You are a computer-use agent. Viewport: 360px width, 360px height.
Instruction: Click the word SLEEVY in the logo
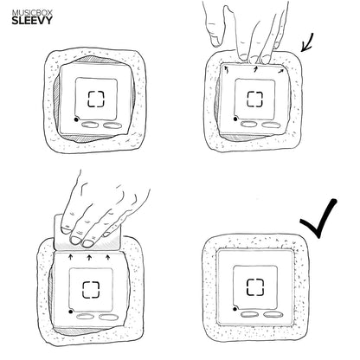[x=32, y=21]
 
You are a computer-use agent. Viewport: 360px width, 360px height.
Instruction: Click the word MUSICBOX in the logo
[x=32, y=13]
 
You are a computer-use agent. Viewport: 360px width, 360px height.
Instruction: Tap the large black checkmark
[x=318, y=218]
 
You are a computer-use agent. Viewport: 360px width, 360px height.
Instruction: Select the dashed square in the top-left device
[x=96, y=99]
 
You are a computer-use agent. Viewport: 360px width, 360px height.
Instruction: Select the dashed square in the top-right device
[x=255, y=99]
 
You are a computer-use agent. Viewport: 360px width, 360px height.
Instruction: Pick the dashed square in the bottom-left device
[x=91, y=290]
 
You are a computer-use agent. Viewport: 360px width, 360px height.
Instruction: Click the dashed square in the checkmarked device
[x=255, y=287]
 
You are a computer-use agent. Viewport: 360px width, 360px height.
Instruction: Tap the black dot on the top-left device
[x=76, y=119]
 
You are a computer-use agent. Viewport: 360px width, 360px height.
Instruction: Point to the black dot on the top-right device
[x=235, y=119]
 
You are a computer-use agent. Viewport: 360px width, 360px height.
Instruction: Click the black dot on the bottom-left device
[x=70, y=312]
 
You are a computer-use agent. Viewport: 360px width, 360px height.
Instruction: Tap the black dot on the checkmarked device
[x=235, y=309]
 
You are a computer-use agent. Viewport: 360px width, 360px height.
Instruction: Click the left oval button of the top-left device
[x=90, y=125]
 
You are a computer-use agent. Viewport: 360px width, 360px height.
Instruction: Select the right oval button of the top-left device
[x=112, y=125]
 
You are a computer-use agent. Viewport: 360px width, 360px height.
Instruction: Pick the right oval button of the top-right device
[x=271, y=125]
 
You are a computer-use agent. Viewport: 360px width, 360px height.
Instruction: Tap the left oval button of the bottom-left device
[x=85, y=317]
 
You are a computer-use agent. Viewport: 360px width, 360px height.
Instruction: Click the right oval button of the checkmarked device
[x=273, y=314]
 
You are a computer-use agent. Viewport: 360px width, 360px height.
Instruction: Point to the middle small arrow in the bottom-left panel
[x=89, y=257]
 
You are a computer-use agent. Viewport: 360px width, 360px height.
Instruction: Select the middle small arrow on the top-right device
[x=254, y=69]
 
